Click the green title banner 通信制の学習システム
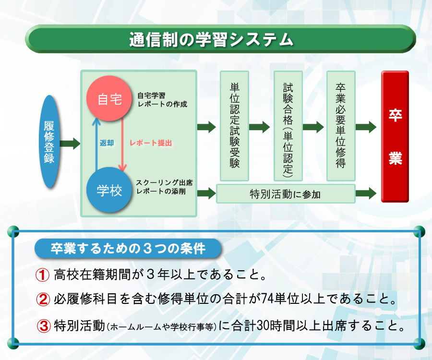220,39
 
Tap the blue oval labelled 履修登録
49,142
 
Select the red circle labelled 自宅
109,98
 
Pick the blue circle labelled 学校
109,190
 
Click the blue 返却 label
107,143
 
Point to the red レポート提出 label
151,143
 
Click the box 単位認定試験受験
234,126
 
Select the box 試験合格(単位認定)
288,126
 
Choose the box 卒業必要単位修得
341,126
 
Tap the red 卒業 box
395,137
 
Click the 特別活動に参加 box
286,194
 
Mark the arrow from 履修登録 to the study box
70,144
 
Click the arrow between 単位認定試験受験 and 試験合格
259,127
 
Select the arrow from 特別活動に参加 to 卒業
366,193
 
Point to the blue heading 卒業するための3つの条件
128,249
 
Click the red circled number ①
43,275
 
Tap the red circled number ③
44,326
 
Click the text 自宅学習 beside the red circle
151,96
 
